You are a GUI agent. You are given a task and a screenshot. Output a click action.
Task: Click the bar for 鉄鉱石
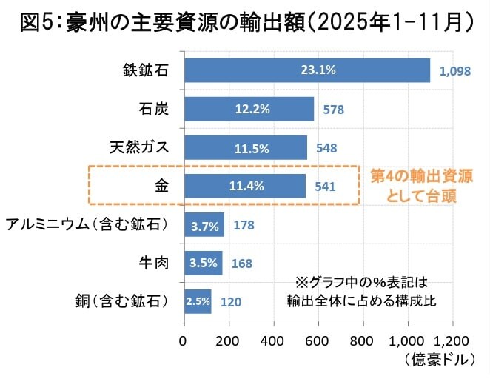(x=306, y=70)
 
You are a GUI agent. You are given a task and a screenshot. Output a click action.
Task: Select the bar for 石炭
(x=249, y=109)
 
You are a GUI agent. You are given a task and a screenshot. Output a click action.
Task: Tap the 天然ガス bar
(x=245, y=147)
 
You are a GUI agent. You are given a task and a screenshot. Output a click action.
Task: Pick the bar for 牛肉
(x=203, y=263)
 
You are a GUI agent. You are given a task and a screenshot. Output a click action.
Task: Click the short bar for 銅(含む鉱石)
(x=198, y=301)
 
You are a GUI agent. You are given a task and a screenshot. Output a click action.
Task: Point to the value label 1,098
(x=455, y=71)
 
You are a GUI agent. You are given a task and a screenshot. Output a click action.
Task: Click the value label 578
(x=334, y=110)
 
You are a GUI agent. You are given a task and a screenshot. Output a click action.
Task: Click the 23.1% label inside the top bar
(x=318, y=70)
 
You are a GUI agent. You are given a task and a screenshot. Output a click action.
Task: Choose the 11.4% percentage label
(x=246, y=186)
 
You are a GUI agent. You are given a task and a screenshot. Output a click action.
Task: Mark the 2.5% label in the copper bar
(x=197, y=301)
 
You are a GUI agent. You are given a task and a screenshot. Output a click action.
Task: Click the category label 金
(x=161, y=186)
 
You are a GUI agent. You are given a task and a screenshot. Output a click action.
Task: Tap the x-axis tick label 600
(x=318, y=341)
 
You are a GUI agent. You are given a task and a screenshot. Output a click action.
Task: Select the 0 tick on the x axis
(x=184, y=341)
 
